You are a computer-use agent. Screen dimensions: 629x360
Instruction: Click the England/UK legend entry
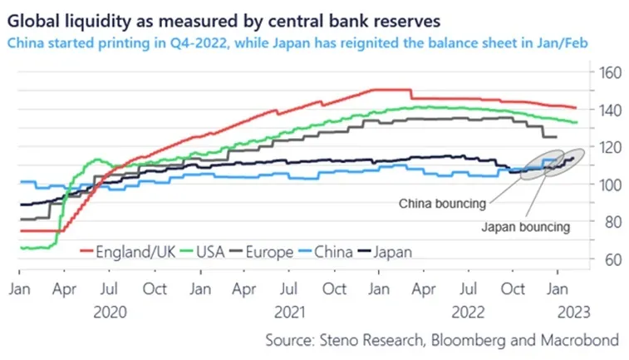tap(128, 252)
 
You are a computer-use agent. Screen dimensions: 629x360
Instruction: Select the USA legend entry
tap(203, 252)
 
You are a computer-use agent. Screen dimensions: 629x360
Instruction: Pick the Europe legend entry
tap(262, 252)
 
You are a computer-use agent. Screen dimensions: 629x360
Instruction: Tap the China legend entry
tap(326, 252)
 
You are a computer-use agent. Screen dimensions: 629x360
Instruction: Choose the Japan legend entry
tap(385, 252)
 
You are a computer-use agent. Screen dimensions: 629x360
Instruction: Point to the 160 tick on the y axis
tap(610, 73)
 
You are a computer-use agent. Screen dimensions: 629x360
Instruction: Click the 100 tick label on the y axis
tap(610, 185)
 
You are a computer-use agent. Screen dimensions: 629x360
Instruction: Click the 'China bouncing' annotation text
tap(442, 204)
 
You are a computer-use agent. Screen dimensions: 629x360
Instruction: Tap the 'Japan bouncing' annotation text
tap(525, 227)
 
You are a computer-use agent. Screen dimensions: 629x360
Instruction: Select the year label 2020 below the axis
tap(110, 313)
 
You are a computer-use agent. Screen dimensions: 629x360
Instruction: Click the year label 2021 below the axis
tap(289, 313)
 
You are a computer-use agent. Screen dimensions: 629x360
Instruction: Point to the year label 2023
tap(574, 313)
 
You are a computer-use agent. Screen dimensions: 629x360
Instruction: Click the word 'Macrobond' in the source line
tap(580, 340)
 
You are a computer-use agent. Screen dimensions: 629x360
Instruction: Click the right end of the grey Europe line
tap(556, 137)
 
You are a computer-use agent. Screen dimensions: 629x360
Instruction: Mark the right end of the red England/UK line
tap(576, 107)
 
